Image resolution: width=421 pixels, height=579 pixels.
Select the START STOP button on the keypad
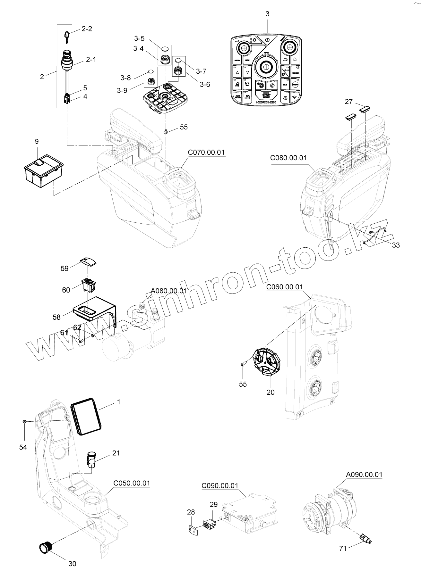(266, 95)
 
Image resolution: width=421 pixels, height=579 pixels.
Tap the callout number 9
(37, 141)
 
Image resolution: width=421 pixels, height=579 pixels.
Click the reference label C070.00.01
(206, 152)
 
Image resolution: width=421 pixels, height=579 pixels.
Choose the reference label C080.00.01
(288, 158)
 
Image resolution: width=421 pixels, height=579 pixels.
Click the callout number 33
(396, 245)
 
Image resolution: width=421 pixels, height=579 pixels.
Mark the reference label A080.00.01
(169, 291)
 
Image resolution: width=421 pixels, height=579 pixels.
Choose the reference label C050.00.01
(132, 483)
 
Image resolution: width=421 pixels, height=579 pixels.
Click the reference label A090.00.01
(364, 474)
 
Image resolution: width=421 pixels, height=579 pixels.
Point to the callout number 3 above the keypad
(267, 14)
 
